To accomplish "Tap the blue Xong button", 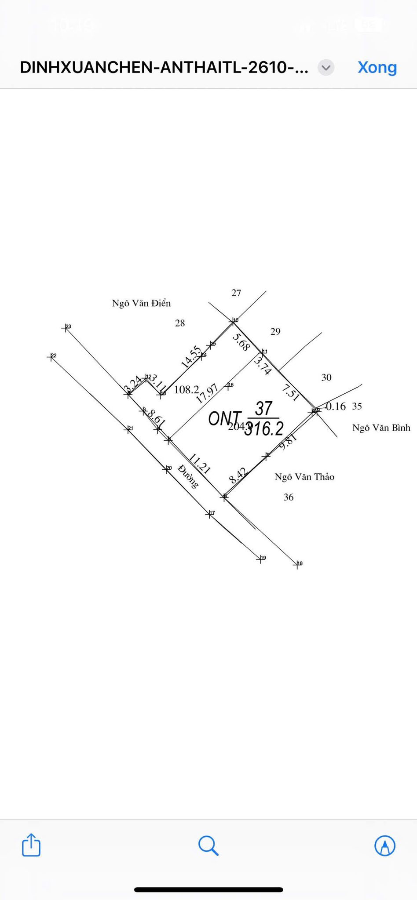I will [x=377, y=67].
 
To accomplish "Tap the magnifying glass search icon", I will [x=208, y=846].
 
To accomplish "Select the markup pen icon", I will [x=385, y=846].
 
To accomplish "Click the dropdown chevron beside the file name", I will [x=326, y=68].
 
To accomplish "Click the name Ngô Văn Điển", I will [x=141, y=303].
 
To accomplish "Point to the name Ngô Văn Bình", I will [x=381, y=428].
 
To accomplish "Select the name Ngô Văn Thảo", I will [x=304, y=477].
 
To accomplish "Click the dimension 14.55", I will [x=191, y=357].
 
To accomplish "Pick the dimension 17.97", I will [x=207, y=394].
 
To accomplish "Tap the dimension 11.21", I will [x=200, y=464].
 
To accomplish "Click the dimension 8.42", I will [x=238, y=475].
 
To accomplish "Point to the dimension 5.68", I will [x=241, y=342].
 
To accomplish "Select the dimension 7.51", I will [x=291, y=392].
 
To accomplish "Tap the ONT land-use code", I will [x=224, y=419].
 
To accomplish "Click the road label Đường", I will [x=188, y=476].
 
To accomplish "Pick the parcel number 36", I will [x=289, y=497].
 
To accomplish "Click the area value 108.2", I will [x=187, y=390].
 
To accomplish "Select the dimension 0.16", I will [x=336, y=406].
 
